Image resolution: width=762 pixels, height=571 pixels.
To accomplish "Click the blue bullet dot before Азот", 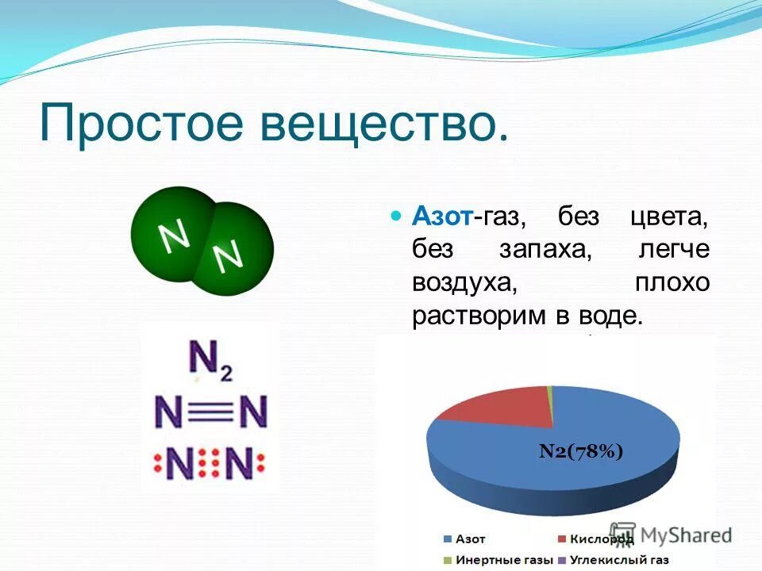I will point(398,216).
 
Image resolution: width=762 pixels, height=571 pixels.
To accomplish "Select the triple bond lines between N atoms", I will point(212,412).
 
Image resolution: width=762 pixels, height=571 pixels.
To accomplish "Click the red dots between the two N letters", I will point(212,464).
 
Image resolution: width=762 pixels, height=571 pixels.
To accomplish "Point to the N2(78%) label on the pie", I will point(581,451).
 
